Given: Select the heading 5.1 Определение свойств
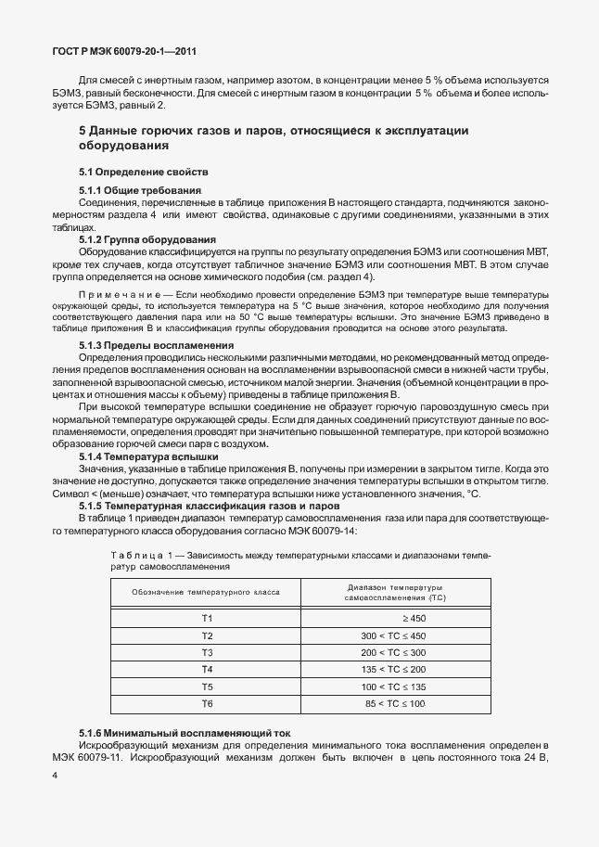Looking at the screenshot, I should pyautogui.click(x=144, y=173).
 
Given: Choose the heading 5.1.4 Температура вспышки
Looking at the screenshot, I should pyautogui.click(x=148, y=457).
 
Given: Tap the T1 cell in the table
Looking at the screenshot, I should pyautogui.click(x=207, y=618).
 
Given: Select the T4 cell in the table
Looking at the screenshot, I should pyautogui.click(x=207, y=669).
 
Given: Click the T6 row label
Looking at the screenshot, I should pyautogui.click(x=207, y=704).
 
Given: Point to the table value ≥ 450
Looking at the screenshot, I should pyautogui.click(x=414, y=618).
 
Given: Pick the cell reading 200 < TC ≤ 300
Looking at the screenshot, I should pyautogui.click(x=392, y=652).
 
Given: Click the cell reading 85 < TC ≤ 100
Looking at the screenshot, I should pyautogui.click(x=394, y=704).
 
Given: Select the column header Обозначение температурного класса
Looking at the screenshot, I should pyautogui.click(x=206, y=591).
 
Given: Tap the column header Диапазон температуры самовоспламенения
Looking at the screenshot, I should pyautogui.click(x=395, y=591).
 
